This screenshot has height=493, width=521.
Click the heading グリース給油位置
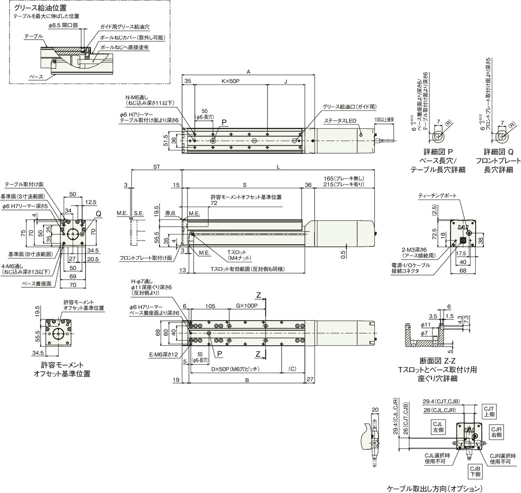tap(41, 8)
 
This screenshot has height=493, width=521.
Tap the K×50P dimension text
tap(230, 81)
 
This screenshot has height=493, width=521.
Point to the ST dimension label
tap(157, 167)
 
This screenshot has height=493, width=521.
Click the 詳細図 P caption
tap(438, 152)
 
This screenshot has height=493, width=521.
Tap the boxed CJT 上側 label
tap(488, 411)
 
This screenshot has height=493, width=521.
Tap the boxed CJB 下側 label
tap(475, 471)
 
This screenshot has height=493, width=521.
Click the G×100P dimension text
tap(246, 305)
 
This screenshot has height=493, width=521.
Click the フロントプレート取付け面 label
tap(145, 258)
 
